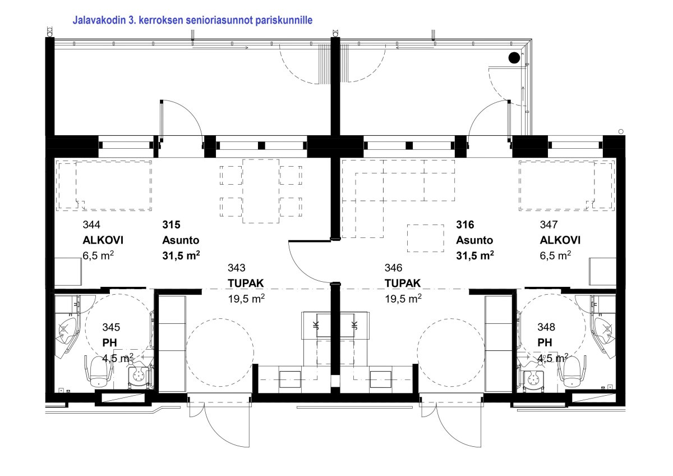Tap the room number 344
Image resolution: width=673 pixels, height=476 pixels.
click(x=91, y=225)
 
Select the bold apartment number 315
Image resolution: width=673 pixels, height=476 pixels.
click(x=171, y=225)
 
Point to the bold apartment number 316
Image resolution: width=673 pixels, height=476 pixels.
click(x=465, y=225)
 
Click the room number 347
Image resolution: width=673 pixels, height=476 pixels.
click(x=548, y=225)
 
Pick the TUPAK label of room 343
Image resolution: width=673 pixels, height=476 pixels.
click(x=246, y=283)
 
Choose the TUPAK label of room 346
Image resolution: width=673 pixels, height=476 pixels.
click(x=403, y=283)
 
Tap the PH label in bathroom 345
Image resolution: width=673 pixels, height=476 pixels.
click(x=110, y=343)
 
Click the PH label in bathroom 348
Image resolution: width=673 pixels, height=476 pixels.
click(x=545, y=343)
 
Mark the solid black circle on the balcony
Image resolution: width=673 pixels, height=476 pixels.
click(x=514, y=58)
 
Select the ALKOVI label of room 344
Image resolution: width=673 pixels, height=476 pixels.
click(x=103, y=240)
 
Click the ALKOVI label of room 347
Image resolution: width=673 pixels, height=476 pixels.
click(x=560, y=240)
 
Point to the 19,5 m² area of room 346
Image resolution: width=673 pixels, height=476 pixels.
click(x=403, y=299)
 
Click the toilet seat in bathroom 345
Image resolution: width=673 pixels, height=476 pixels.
click(x=98, y=372)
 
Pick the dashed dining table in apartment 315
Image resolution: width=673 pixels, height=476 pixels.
click(x=261, y=191)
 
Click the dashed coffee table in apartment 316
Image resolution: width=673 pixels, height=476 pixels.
click(x=426, y=238)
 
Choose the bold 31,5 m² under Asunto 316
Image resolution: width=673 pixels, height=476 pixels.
click(x=475, y=255)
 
